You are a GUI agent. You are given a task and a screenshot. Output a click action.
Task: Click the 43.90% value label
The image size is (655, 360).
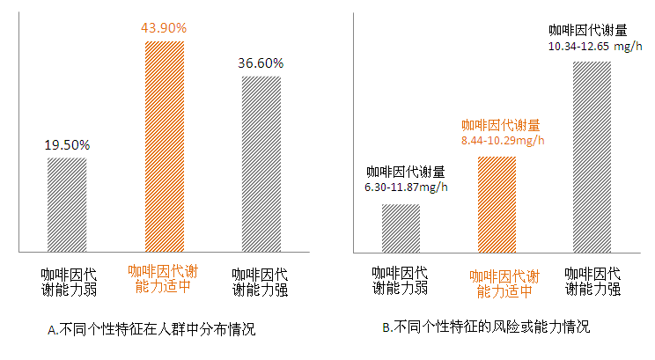click(164, 28)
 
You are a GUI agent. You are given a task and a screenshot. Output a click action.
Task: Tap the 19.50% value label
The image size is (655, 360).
click(67, 144)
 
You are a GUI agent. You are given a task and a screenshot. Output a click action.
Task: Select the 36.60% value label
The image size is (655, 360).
click(261, 63)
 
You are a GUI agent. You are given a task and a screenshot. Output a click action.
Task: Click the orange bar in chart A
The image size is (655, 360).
click(164, 147)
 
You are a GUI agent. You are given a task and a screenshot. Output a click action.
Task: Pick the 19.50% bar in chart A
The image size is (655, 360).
click(67, 205)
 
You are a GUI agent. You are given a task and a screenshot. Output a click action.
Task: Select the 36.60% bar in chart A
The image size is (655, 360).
click(261, 165)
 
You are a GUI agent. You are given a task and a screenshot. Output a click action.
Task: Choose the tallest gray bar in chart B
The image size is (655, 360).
click(592, 158)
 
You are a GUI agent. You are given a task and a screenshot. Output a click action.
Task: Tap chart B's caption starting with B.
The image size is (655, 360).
click(486, 327)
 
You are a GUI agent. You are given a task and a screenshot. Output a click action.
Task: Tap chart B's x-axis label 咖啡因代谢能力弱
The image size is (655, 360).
click(401, 280)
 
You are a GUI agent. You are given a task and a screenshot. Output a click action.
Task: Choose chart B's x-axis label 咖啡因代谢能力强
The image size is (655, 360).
click(592, 280)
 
